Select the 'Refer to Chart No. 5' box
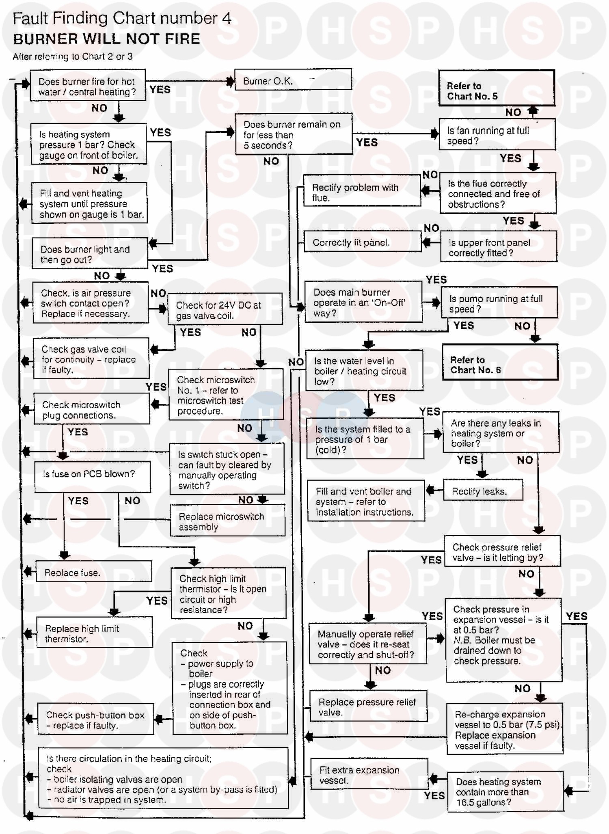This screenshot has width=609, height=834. [x=497, y=88]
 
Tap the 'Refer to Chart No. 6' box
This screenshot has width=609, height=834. [x=499, y=362]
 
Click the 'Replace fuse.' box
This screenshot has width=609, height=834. [x=94, y=572]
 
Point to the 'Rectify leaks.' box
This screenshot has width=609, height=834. [x=482, y=490]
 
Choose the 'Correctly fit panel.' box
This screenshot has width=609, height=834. [x=363, y=242]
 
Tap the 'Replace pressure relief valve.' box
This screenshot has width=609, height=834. [x=368, y=706]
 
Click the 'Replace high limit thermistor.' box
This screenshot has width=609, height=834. [x=95, y=633]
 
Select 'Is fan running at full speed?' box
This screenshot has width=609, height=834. [x=497, y=134]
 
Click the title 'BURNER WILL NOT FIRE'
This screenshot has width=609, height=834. [x=107, y=39]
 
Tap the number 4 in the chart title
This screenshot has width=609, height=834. [x=227, y=19]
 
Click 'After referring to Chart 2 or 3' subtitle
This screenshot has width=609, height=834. [x=73, y=56]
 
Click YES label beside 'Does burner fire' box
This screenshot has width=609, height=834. [x=160, y=89]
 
